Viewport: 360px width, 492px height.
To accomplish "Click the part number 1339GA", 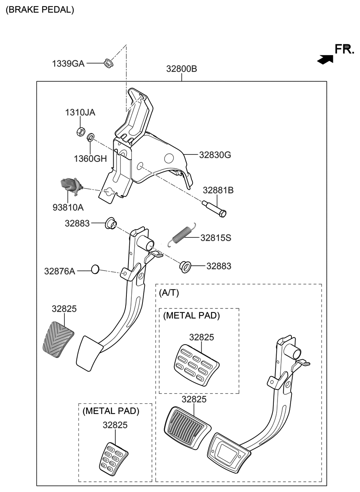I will tap(68, 64).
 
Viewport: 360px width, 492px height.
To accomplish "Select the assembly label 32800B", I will tap(181, 69).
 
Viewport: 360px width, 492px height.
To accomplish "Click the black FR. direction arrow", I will tap(325, 59).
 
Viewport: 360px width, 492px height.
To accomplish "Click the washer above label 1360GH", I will tap(91, 136).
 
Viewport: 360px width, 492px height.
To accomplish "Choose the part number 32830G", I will tap(215, 155).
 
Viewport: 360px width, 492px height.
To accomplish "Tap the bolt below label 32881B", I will tap(215, 208).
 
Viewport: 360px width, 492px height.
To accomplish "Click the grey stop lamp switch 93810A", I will tap(69, 186).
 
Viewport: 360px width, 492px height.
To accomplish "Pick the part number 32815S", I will tap(216, 238).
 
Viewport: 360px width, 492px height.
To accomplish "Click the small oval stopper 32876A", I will tap(95, 269).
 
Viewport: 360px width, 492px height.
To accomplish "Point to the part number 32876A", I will tap(60, 271).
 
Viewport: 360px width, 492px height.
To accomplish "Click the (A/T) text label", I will tap(169, 293).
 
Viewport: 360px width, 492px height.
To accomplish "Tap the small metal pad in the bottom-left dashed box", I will tap(113, 457).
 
